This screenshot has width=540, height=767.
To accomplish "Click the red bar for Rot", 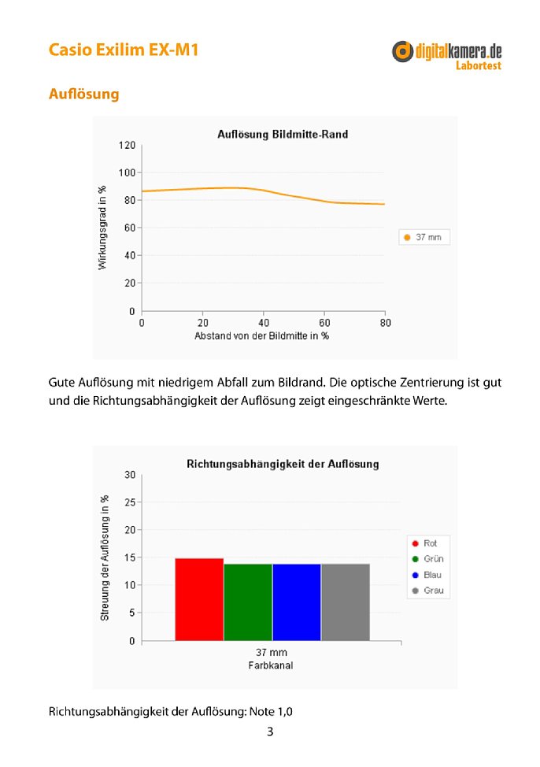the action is pyautogui.click(x=199, y=599).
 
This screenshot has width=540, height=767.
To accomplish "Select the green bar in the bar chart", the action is pyautogui.click(x=248, y=602).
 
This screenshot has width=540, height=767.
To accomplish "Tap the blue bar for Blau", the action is pyautogui.click(x=297, y=602).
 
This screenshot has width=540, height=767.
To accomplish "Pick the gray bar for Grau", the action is pyautogui.click(x=346, y=602).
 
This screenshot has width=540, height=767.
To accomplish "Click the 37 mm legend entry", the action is pyautogui.click(x=423, y=237).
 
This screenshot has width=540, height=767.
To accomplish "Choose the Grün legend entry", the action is pyautogui.click(x=428, y=558).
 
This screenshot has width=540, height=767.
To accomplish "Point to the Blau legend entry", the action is pyautogui.click(x=427, y=575).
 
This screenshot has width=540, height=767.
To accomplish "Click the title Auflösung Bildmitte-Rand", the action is pyautogui.click(x=283, y=134).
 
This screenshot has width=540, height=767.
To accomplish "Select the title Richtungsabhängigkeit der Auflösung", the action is pyautogui.click(x=283, y=464).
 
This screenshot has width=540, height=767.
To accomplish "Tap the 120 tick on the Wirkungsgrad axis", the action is pyautogui.click(x=127, y=145).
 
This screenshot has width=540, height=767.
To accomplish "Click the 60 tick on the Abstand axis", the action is pyautogui.click(x=324, y=323).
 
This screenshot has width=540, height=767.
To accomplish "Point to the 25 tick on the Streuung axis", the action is pyautogui.click(x=130, y=502).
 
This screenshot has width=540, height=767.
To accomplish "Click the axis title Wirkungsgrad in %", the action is pyautogui.click(x=102, y=228).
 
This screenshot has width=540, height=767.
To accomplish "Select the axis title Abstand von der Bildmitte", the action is pyautogui.click(x=261, y=336).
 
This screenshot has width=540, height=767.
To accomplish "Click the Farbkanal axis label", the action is pyautogui.click(x=271, y=665).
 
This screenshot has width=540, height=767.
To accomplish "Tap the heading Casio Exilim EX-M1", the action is pyautogui.click(x=124, y=50).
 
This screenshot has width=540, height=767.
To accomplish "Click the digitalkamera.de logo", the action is pyautogui.click(x=446, y=55).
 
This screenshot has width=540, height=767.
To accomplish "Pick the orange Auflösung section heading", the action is pyautogui.click(x=83, y=94).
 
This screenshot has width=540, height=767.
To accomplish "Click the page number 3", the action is pyautogui.click(x=270, y=732).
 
